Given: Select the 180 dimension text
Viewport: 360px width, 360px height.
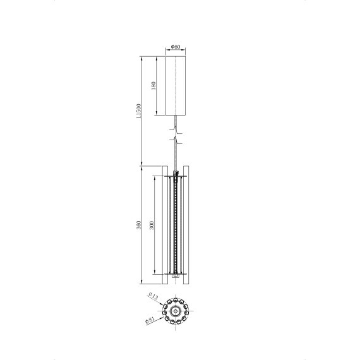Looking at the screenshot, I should pos(155,86).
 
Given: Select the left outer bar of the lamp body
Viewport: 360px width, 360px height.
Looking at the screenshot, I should pos(166,225).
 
